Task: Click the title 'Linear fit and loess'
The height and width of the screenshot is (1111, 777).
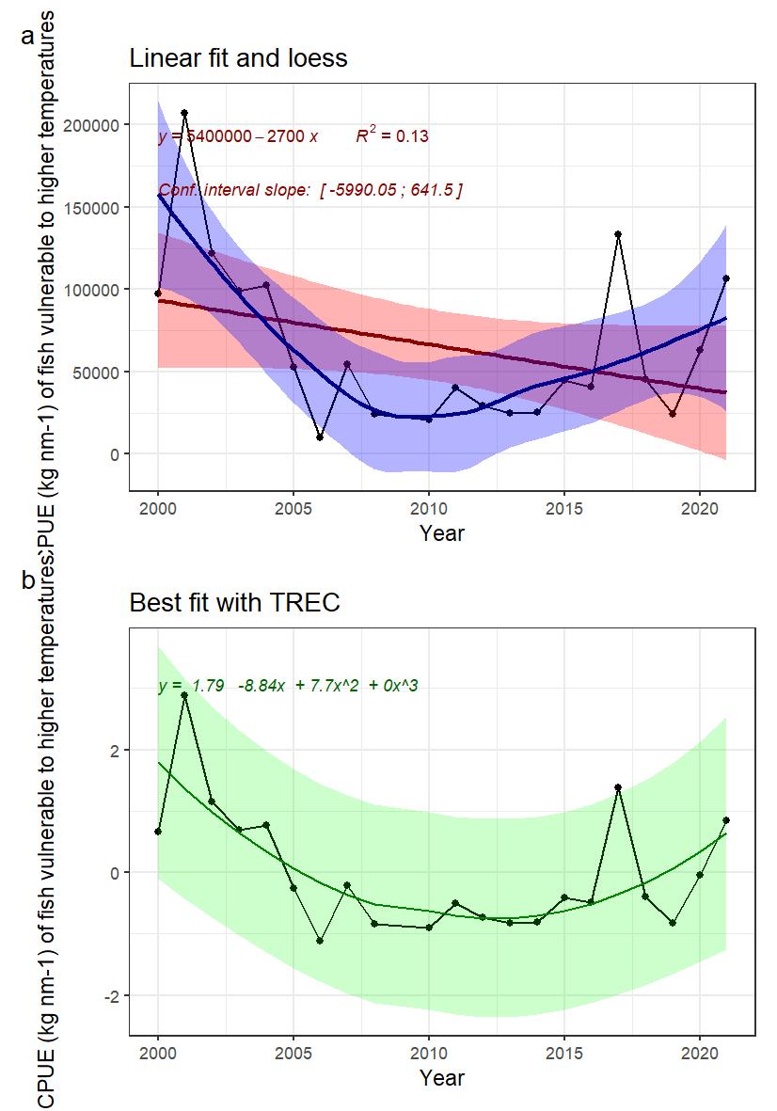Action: tap(238, 58)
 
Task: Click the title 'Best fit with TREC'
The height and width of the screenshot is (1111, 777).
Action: tap(233, 602)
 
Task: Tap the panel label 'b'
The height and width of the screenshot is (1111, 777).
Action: tap(28, 580)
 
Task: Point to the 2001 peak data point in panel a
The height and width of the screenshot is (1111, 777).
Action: tap(184, 113)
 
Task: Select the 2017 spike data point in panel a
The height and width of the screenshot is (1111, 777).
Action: tap(618, 234)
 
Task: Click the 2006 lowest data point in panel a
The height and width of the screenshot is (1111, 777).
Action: tap(320, 437)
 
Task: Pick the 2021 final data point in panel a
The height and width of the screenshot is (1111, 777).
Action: tap(726, 278)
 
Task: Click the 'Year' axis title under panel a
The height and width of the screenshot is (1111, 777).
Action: tap(442, 532)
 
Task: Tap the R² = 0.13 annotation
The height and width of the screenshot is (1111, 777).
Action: tap(392, 136)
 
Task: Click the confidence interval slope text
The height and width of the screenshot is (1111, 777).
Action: tap(310, 191)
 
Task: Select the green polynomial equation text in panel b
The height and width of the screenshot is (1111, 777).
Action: tap(288, 687)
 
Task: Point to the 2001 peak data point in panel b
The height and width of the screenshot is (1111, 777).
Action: tap(184, 695)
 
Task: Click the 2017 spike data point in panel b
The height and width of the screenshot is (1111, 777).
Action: tap(618, 787)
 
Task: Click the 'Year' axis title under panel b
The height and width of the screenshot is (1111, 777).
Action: tap(442, 1077)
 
